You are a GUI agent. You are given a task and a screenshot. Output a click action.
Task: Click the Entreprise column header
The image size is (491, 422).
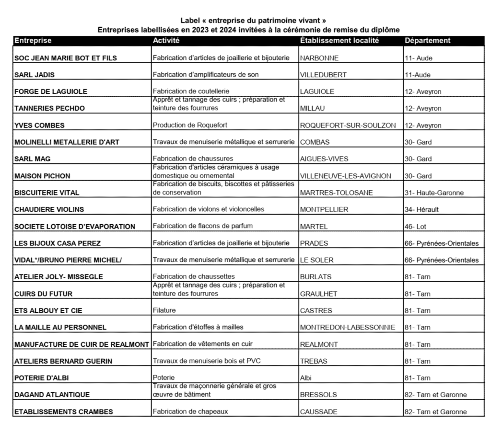[33, 41]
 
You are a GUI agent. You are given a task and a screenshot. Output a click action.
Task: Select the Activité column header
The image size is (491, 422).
[166, 41]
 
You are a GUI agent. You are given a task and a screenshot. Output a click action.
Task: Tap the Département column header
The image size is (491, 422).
[427, 41]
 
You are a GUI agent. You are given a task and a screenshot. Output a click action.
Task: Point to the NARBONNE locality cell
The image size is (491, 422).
[319, 58]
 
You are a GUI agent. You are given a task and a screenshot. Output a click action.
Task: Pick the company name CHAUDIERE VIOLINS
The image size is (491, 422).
[49, 209]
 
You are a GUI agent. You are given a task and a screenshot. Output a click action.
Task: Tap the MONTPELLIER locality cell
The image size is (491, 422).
[324, 209]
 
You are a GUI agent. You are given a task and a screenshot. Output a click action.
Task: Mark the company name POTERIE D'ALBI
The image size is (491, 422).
[42, 378]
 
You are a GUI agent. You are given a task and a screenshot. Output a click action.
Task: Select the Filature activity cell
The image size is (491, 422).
[164, 310]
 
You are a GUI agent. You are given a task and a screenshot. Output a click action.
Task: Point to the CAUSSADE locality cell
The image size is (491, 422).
[319, 411]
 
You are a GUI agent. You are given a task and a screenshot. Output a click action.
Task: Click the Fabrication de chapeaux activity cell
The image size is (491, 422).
[190, 411]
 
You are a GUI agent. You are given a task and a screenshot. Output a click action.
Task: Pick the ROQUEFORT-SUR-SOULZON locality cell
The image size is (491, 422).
[348, 125]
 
